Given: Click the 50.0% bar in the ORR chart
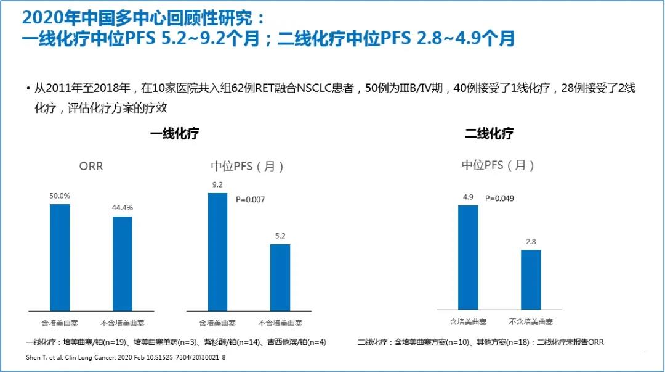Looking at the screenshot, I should click(60, 257).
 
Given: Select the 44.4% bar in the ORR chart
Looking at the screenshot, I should click(123, 263).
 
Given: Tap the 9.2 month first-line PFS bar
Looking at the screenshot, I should click(217, 251).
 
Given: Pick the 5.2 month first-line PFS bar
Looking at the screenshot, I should click(280, 277).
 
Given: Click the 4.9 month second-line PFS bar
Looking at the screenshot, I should click(468, 257).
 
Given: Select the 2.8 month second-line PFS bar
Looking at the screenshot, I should click(531, 279).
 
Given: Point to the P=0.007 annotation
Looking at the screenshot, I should click(251, 199).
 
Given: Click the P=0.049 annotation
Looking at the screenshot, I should click(499, 199).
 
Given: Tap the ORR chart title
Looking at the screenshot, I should click(91, 167).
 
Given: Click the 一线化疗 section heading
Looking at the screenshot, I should click(175, 134).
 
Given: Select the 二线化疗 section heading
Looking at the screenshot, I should click(490, 133).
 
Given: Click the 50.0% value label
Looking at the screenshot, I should click(60, 196).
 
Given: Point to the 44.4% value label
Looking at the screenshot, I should click(123, 208).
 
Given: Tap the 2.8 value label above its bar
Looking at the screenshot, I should click(531, 242).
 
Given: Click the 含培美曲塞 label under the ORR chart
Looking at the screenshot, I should click(60, 323).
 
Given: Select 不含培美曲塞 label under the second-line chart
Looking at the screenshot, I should click(531, 321).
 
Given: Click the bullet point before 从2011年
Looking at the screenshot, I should click(28, 89).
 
